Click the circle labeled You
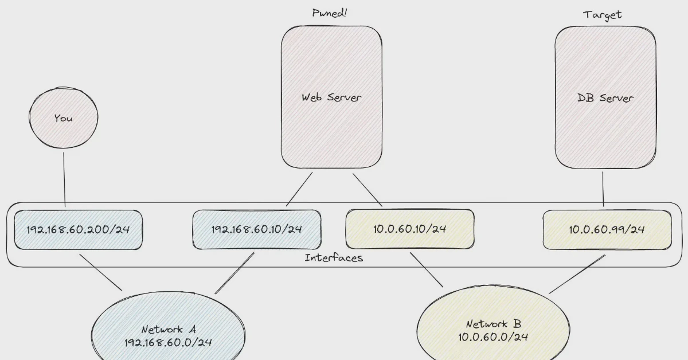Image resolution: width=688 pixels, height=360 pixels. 64,118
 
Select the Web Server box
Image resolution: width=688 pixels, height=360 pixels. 331,97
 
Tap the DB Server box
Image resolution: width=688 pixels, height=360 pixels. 605,97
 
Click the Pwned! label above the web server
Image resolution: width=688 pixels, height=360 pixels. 329,13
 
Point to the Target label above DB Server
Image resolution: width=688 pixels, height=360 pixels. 603,15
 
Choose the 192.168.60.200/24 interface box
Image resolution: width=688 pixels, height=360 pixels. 79,230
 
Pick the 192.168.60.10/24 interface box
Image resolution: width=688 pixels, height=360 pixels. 256,230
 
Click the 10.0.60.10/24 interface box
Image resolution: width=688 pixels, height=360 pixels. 409,229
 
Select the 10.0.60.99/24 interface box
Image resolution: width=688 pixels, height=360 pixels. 607,230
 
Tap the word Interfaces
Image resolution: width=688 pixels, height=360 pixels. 334,258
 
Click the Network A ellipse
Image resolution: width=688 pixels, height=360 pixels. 168,335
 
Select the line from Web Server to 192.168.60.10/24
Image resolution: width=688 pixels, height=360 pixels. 299,189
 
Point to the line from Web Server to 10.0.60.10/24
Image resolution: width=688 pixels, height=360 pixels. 367,189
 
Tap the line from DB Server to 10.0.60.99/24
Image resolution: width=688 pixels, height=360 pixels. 603,187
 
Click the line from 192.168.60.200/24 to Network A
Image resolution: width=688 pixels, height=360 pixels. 100,272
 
